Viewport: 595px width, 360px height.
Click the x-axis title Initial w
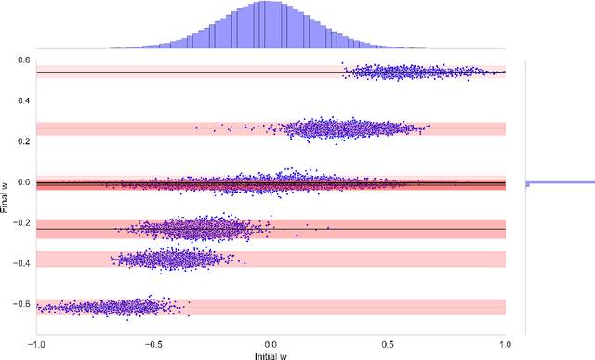pos(270,355)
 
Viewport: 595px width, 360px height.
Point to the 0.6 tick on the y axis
pos(24,60)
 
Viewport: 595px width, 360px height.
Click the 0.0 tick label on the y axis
pos(24,183)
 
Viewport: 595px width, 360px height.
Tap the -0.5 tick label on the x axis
pos(152,343)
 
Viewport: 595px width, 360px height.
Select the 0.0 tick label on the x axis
pos(271,343)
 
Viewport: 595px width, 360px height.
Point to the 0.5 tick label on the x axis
pos(388,343)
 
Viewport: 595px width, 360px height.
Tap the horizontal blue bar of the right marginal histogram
pos(558,182)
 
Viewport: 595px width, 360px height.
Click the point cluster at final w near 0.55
pos(423,71)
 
